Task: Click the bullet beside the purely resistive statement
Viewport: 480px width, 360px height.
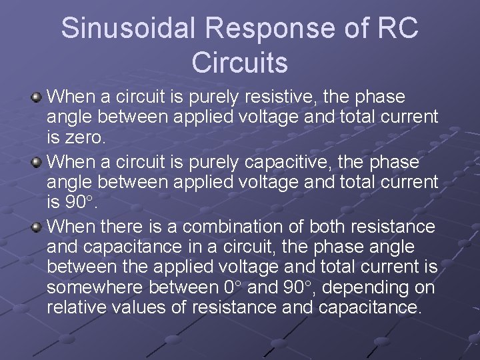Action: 37,98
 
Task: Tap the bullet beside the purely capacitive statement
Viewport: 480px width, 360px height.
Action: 37,163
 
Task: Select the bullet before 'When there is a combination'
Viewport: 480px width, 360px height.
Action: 37,227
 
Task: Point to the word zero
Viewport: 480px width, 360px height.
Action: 87,137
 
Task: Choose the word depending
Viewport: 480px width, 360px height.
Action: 370,287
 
